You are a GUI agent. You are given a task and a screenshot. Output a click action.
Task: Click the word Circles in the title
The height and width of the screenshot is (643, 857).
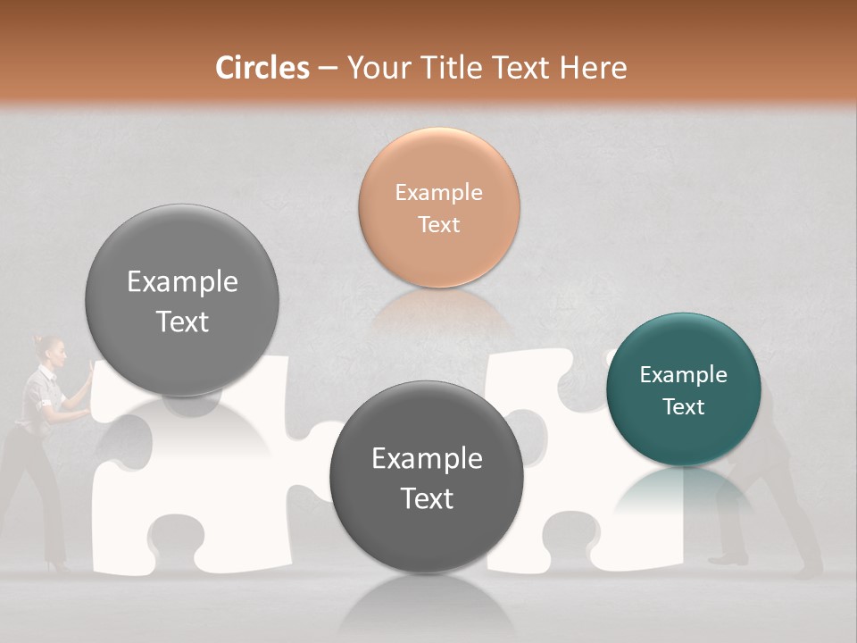262,68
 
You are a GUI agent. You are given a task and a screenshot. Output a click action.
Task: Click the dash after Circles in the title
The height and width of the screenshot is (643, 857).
328,69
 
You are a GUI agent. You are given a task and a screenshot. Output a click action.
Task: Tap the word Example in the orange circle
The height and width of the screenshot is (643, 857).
438,193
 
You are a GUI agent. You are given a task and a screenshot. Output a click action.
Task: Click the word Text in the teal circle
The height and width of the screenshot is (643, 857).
684,407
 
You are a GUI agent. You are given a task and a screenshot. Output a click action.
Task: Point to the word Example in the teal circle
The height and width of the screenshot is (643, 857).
683,375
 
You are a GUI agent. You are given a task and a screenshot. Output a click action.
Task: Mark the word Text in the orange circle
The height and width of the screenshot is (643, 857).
438,225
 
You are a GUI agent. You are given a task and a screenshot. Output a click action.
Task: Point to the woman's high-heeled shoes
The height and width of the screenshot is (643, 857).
59,565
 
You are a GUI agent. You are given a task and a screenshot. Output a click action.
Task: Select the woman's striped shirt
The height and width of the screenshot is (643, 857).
40,393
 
